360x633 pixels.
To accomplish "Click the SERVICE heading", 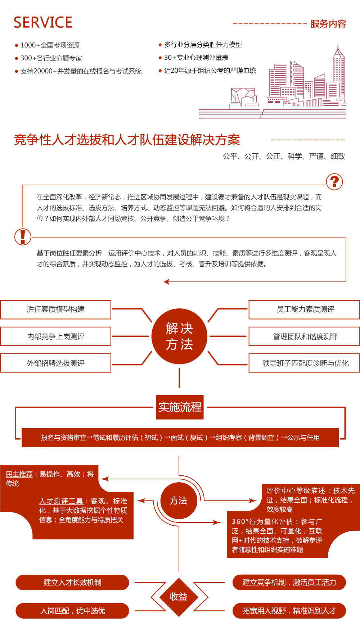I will point(43,22).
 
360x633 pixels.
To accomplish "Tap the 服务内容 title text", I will point(328,24).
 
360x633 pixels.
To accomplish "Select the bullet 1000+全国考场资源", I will point(50,45).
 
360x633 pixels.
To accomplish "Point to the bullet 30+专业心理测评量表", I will point(196,58).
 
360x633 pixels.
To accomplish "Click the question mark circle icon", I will point(334,182).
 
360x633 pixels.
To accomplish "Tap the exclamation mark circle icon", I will point(23,237).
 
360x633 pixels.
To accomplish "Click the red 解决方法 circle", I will point(179,336).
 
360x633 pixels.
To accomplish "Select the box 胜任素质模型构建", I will point(56,309).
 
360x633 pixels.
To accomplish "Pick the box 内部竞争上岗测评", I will point(56,336).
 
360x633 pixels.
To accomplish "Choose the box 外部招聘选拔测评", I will point(56,363).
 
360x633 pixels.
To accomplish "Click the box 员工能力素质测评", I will point(305,309).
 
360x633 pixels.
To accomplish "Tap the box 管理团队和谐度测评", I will point(305,336).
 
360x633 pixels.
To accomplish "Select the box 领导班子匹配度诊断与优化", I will point(305,363).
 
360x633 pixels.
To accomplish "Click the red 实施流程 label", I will point(180,407).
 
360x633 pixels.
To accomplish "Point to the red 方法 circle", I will point(179,501).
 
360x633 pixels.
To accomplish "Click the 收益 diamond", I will point(179,597).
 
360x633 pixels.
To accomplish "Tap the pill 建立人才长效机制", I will point(72,582).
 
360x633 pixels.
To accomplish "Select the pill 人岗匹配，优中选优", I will point(72,611).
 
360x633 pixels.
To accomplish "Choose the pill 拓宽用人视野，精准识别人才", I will point(289,611).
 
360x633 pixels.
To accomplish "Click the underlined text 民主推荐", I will point(19,474).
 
